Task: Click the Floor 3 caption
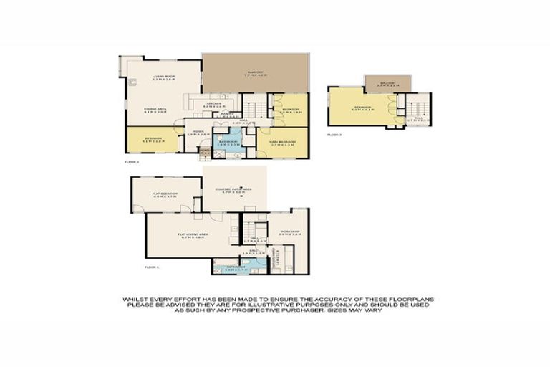[334, 134]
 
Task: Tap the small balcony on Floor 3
[387, 83]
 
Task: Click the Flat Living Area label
[192, 234]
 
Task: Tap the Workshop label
[289, 232]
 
